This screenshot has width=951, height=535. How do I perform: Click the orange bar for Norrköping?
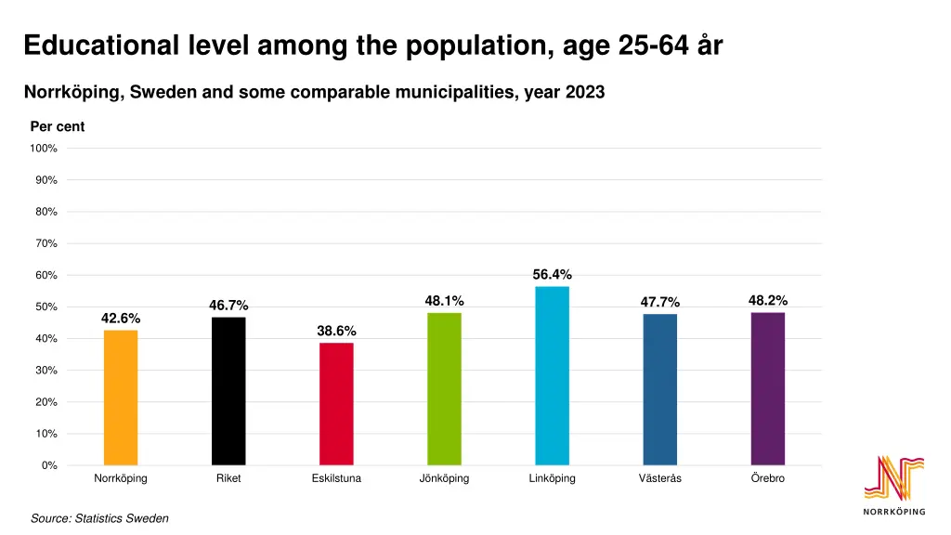click(x=121, y=398)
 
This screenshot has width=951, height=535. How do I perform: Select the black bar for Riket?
click(x=228, y=391)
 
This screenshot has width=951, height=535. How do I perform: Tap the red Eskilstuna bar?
click(x=336, y=404)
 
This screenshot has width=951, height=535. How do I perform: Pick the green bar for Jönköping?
click(x=444, y=388)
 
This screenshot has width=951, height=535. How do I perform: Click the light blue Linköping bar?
click(x=552, y=375)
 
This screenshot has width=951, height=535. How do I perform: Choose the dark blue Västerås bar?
click(x=659, y=389)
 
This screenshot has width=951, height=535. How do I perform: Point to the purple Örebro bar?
click(x=767, y=388)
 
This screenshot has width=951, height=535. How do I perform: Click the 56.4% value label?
click(x=552, y=274)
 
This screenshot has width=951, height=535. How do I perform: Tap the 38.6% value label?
click(x=336, y=331)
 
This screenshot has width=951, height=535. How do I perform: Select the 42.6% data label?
click(x=121, y=319)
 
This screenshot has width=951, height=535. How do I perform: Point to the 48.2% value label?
click(x=767, y=300)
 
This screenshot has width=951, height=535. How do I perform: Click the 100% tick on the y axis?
click(x=44, y=149)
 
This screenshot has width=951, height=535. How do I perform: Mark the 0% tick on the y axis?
click(x=48, y=465)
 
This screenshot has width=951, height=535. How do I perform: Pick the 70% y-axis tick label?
click(x=46, y=243)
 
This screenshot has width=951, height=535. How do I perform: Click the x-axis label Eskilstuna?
click(x=336, y=478)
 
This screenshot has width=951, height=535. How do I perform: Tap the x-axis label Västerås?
click(x=659, y=478)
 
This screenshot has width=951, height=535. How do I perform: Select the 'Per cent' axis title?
click(x=58, y=127)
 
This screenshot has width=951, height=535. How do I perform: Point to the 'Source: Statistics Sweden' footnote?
click(x=99, y=518)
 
